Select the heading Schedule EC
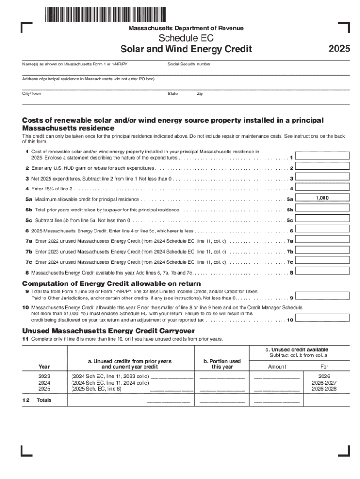186,38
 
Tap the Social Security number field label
189,64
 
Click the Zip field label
200,94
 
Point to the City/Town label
32,94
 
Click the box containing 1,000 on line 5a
322,198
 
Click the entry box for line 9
322,296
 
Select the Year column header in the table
44,366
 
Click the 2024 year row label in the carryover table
44,382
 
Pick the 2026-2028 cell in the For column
324,389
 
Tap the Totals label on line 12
44,400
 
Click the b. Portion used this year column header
222,364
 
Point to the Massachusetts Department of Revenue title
186,29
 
